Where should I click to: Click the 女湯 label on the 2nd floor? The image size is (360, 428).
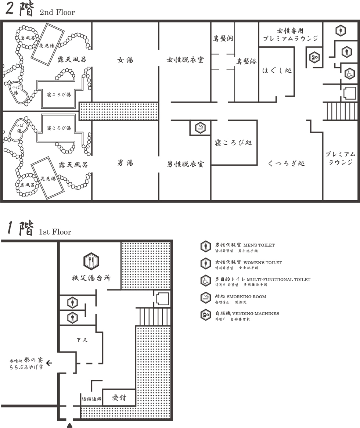click(125, 60)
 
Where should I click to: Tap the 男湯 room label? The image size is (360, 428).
click(125, 163)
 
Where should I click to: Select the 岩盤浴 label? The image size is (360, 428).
click(246, 61)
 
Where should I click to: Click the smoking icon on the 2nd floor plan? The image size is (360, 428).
click(200, 127)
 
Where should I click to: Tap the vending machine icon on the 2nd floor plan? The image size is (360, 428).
click(314, 57)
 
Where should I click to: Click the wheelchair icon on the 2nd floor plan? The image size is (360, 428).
click(349, 74)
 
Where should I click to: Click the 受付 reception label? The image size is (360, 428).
click(119, 398)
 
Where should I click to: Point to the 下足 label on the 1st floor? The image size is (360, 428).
click(82, 340)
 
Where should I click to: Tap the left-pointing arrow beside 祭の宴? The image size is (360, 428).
click(49, 363)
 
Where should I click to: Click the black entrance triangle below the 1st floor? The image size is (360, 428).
click(70, 425)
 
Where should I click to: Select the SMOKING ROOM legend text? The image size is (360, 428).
click(246, 297)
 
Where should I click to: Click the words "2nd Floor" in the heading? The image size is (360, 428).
click(57, 12)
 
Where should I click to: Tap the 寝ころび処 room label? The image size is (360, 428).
click(234, 143)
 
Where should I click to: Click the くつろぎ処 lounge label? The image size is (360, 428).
click(286, 163)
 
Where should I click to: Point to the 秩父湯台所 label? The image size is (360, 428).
click(91, 278)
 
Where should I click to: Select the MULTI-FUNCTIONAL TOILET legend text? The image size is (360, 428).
click(278, 280)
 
